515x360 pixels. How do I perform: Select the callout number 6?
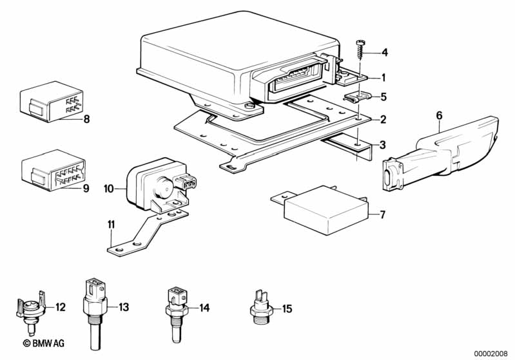pyautogui.click(x=439, y=115)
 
